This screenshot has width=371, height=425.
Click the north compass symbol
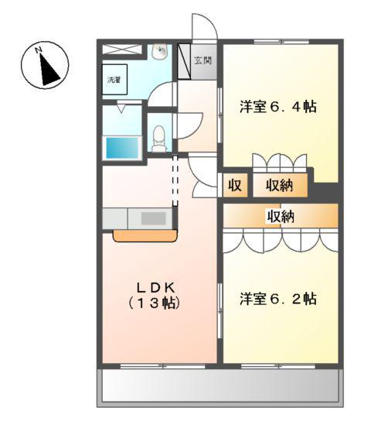point(45,65)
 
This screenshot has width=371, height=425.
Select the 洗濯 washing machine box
point(114,80)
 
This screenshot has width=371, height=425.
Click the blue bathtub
point(121,146)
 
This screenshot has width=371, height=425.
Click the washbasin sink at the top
point(161,53)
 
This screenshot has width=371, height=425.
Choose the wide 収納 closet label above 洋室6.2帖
point(281,216)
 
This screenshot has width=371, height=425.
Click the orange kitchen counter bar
point(145,235)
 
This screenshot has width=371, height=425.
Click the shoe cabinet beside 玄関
point(184,61)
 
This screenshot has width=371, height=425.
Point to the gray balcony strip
point(220,385)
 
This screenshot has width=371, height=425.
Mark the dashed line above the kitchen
point(175,180)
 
